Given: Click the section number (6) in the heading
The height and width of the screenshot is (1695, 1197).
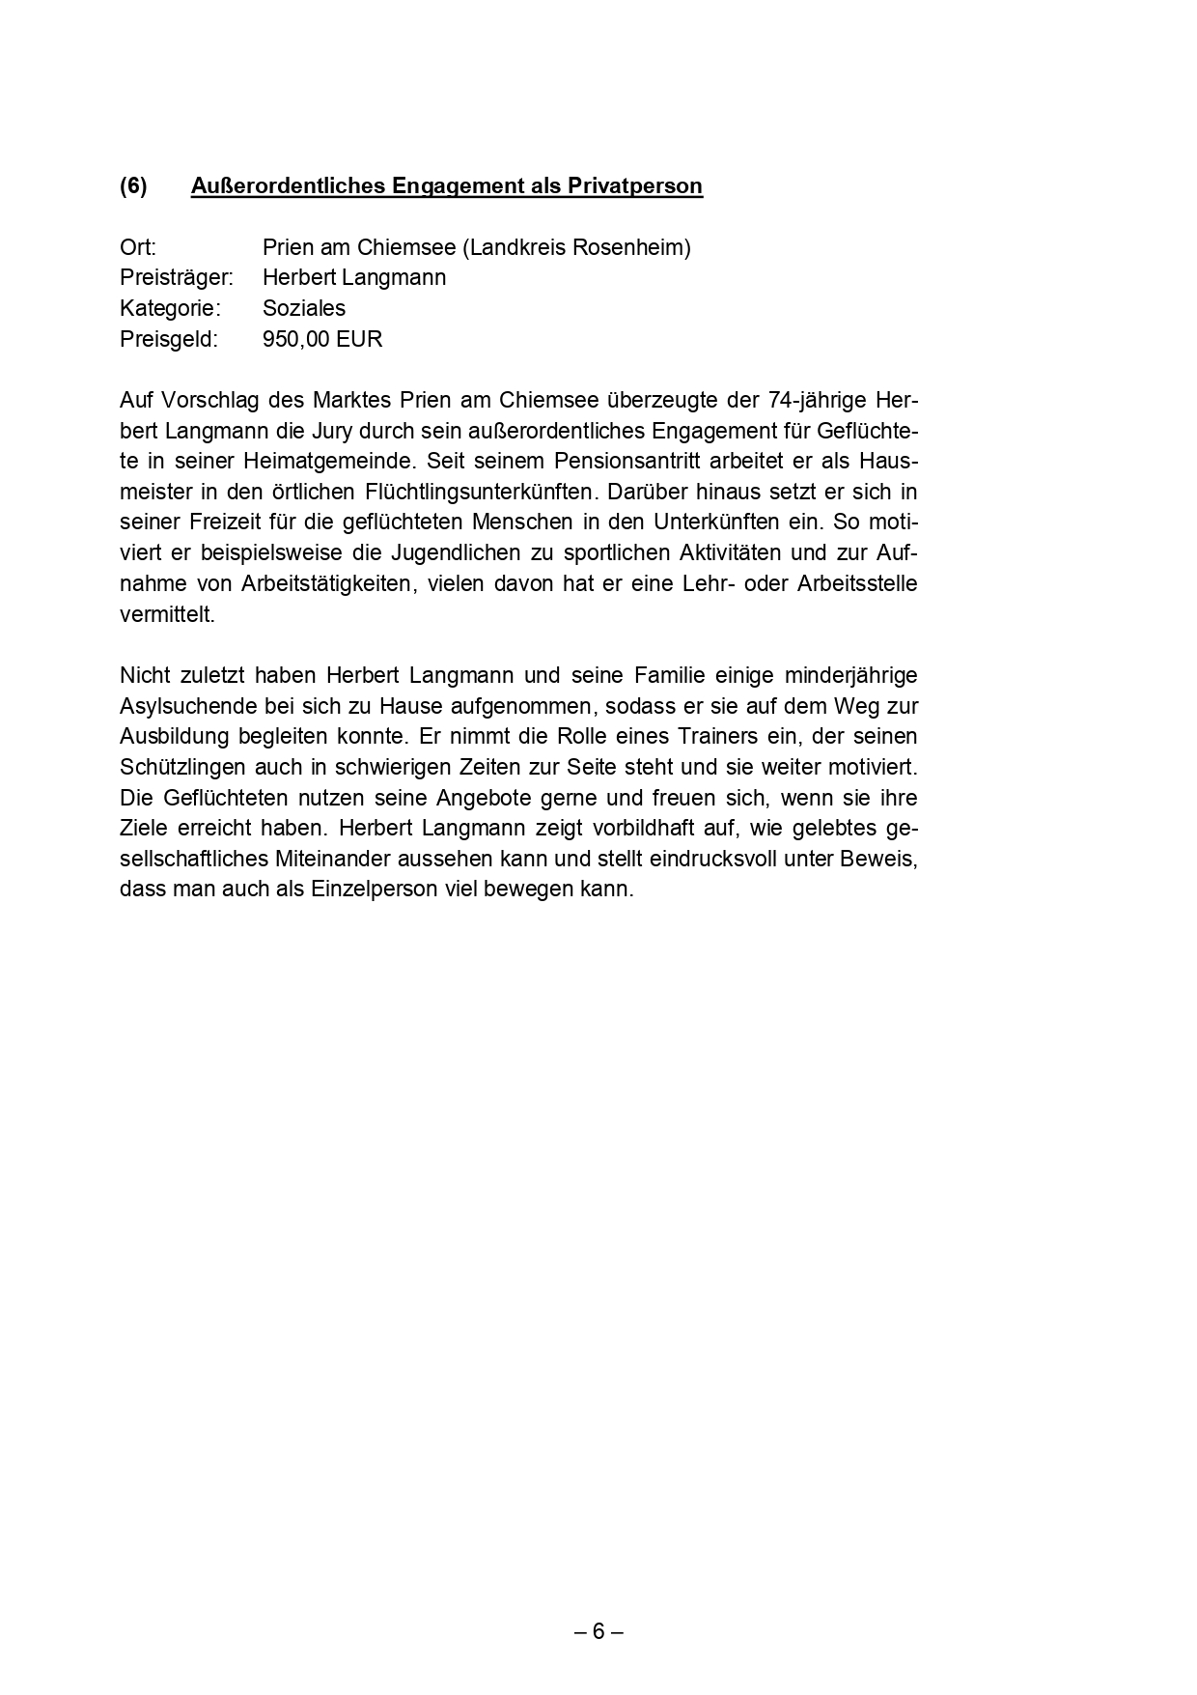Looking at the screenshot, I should tap(133, 185).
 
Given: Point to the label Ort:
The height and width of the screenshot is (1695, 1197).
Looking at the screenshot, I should tap(138, 247).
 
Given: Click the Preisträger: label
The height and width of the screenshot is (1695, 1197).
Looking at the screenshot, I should tap(177, 278).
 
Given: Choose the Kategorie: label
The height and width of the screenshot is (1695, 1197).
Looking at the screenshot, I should tap(170, 309).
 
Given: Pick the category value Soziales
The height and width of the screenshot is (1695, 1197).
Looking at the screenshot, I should tap(303, 309).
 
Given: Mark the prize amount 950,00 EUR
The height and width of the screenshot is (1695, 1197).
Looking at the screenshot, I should tap(322, 340).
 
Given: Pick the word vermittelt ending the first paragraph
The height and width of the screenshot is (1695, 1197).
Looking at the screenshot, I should tap(165, 615).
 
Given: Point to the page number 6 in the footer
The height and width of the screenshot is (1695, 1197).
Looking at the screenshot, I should tap(598, 1632).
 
